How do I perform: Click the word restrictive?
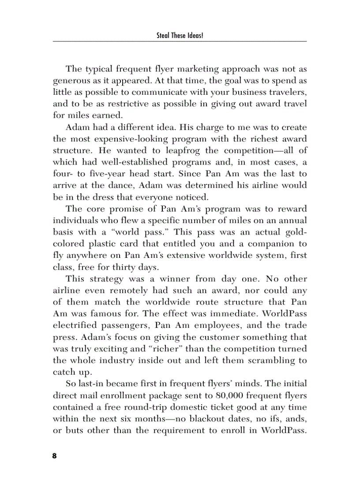click(x=124, y=104)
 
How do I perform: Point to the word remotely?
click(x=128, y=290)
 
